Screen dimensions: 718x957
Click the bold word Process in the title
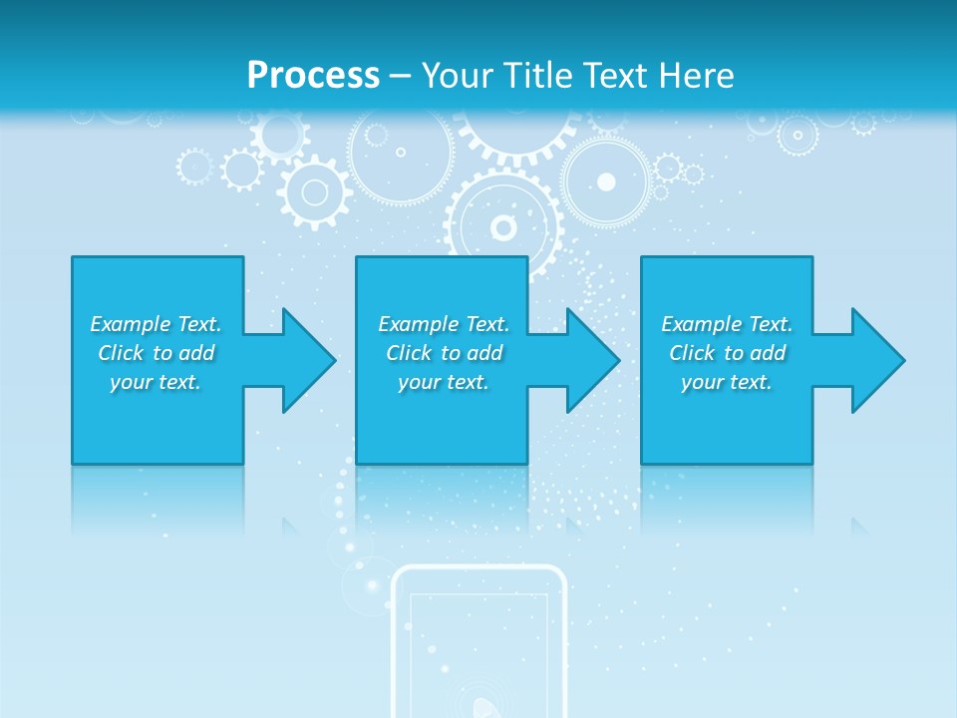(x=313, y=76)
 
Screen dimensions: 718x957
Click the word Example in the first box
(x=131, y=324)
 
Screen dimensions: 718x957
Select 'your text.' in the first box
(x=156, y=382)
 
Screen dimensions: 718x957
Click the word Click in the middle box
(x=409, y=353)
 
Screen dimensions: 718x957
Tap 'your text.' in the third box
(x=727, y=382)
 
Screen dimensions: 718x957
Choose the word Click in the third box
(x=692, y=353)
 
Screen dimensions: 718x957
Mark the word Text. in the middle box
(x=487, y=324)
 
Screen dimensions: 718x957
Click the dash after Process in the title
(x=400, y=76)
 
